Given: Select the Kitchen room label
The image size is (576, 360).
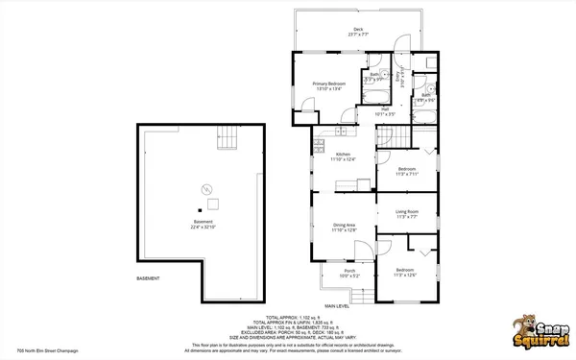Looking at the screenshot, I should pos(343,156).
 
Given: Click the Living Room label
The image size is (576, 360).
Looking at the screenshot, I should pos(407,214).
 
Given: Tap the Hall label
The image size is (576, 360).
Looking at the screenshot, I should pos(384,111).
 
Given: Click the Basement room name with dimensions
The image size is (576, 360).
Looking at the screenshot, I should pos(203,225).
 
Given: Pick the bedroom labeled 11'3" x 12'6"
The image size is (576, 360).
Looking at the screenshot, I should pos(405,273).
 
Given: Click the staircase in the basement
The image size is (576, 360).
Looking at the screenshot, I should pos(228,138).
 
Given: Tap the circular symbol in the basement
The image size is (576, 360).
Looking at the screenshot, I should pos(204,189).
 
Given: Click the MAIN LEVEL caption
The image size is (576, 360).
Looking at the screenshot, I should pos(336,305).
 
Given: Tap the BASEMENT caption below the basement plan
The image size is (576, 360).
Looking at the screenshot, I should pos(149,278).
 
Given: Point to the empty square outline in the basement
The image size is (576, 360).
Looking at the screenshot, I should pos(212,202).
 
